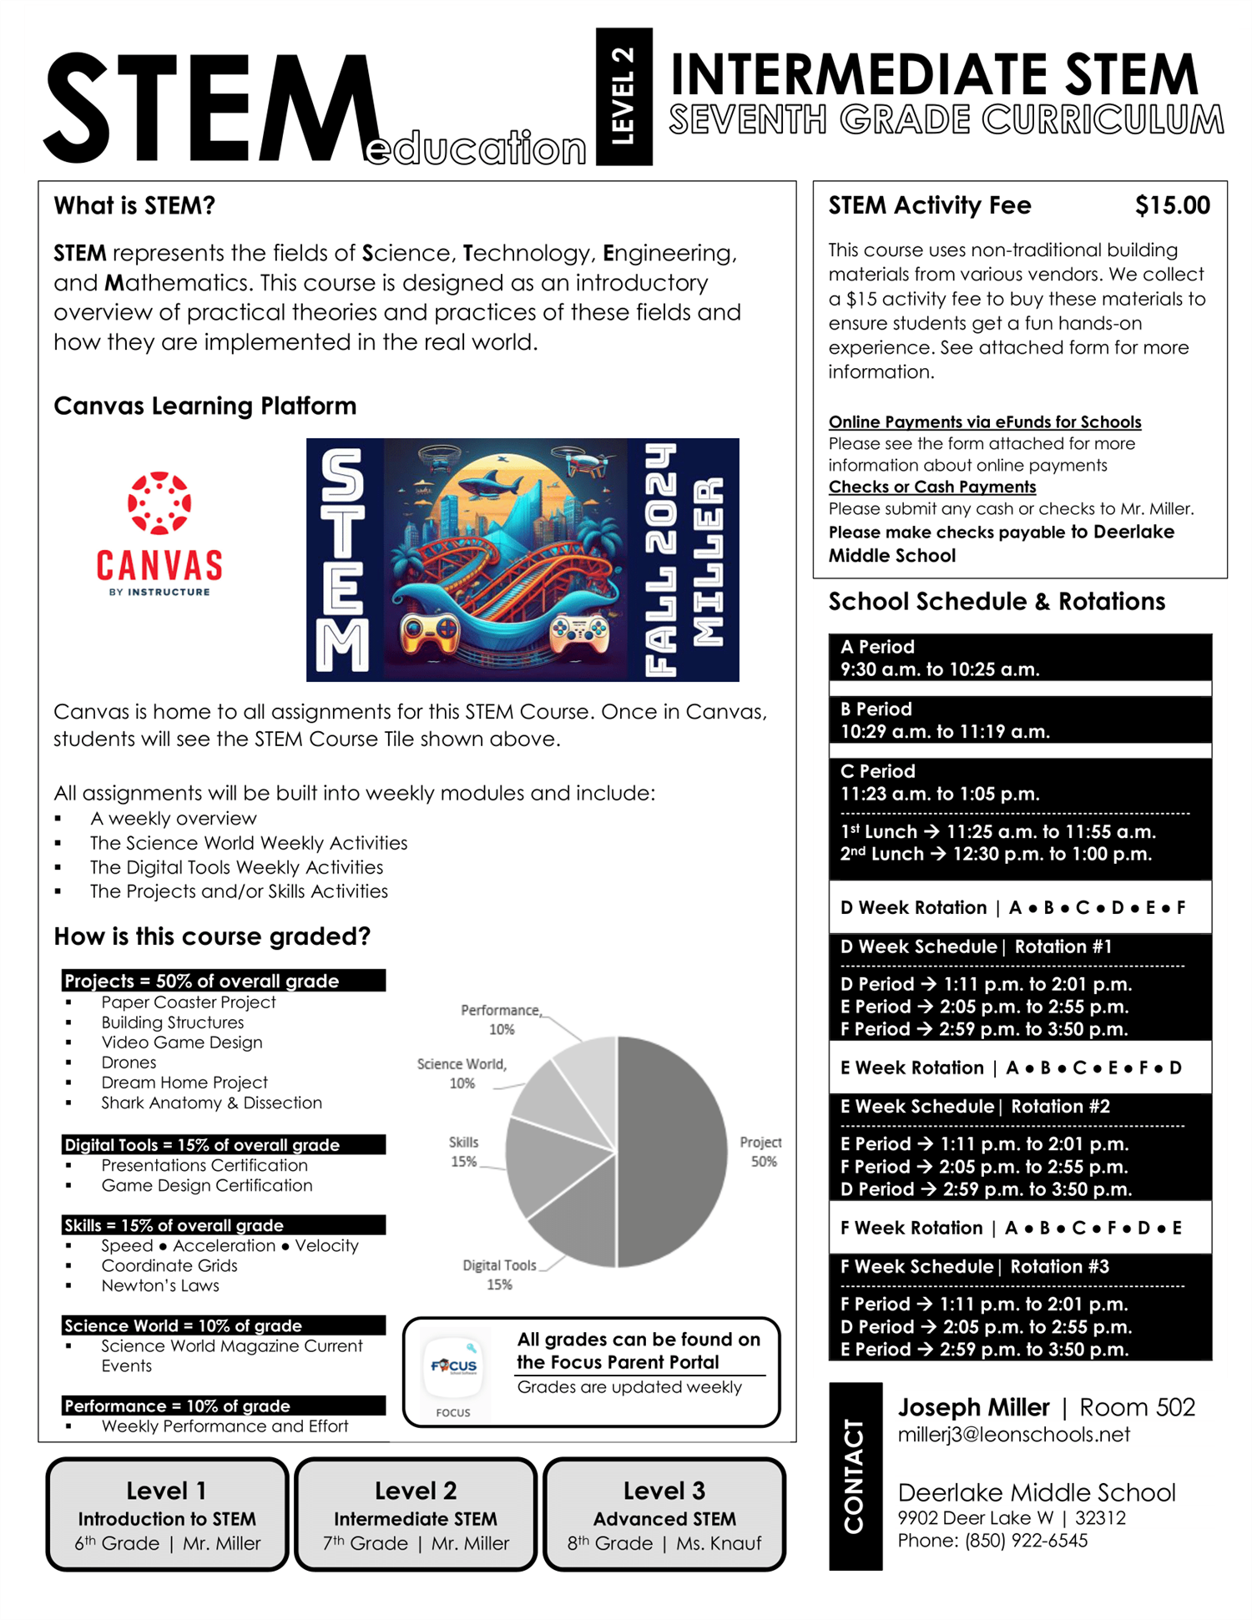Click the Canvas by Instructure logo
coord(159,534)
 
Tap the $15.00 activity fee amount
coord(1171,205)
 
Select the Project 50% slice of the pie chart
coord(672,1152)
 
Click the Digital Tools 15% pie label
coord(499,1274)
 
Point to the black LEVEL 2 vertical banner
coord(623,96)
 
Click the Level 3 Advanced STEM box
coord(664,1514)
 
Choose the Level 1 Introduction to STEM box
coord(167,1514)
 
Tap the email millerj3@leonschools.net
coord(1013,1434)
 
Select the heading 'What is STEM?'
coord(134,205)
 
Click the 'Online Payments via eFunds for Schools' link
coord(984,421)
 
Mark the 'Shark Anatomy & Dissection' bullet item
coord(211,1103)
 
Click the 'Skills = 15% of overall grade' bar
coord(223,1225)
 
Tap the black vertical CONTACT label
coord(855,1476)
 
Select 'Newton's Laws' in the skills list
coord(160,1285)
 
